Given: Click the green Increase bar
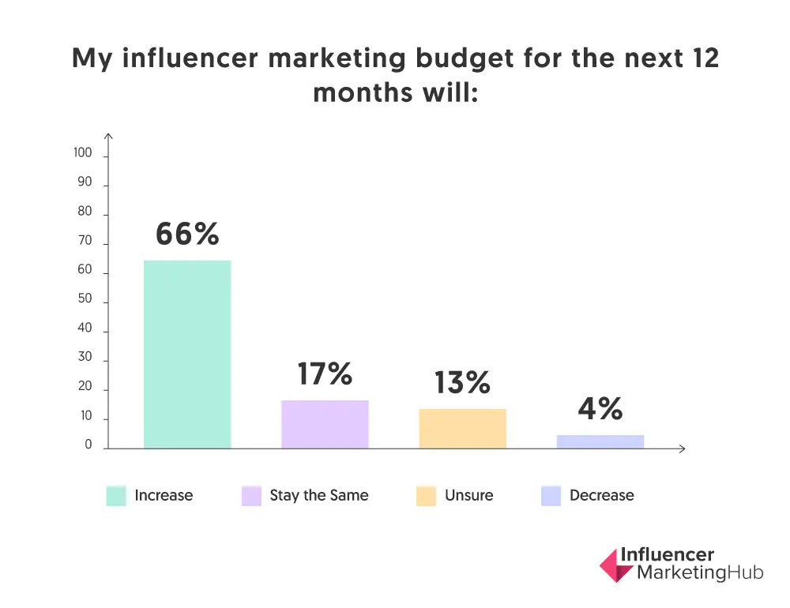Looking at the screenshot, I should click(x=187, y=354).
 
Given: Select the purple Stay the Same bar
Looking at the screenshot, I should click(x=325, y=424).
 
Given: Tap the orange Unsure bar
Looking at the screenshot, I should click(x=462, y=428).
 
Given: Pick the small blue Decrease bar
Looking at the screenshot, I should click(x=600, y=441).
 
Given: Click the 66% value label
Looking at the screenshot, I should click(x=187, y=234).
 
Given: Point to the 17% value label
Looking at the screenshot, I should click(x=325, y=373).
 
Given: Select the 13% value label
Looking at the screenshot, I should click(x=462, y=383).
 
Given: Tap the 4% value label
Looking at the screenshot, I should click(x=600, y=409).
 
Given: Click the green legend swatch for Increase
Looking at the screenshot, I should click(x=116, y=496).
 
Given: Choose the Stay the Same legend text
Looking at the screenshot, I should click(x=318, y=496).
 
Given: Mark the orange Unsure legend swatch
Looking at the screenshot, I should click(x=426, y=496).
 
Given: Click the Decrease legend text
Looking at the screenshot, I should click(x=601, y=496).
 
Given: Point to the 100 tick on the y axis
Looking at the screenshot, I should click(x=83, y=153).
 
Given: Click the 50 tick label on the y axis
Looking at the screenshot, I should click(x=85, y=299).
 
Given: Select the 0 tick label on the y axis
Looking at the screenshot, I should click(x=88, y=445).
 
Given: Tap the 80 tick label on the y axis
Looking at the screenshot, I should click(x=85, y=212).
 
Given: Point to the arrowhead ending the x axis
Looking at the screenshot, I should click(x=683, y=448).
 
